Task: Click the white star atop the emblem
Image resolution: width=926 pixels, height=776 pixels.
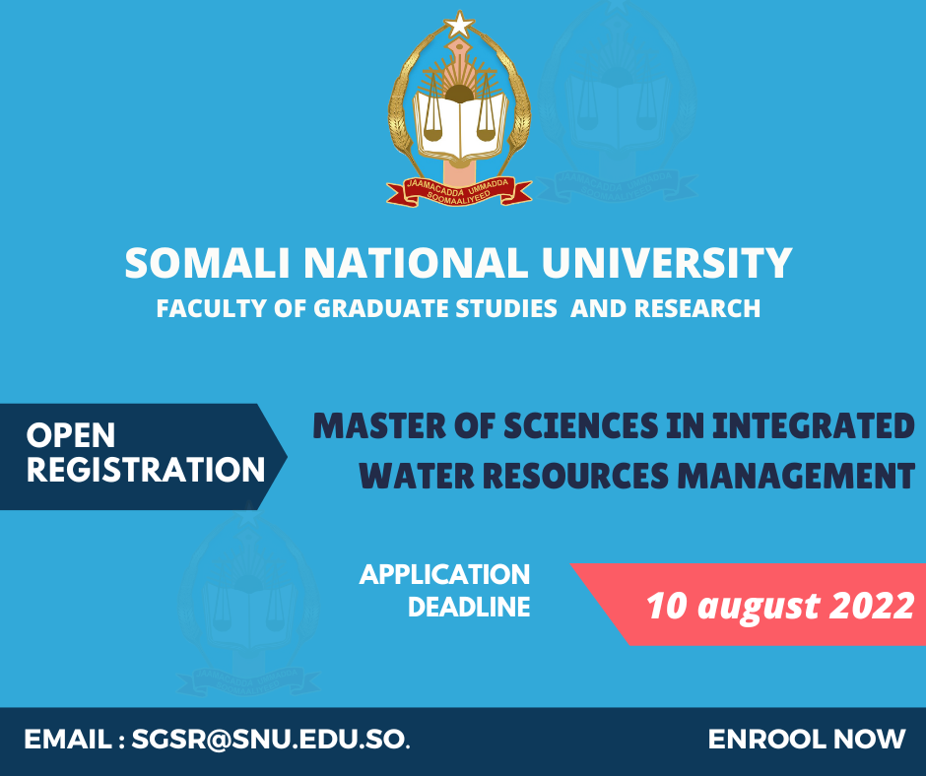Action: coord(459,26)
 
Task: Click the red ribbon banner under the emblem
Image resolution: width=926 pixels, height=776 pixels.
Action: coord(459,192)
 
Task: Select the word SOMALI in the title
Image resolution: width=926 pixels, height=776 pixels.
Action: coord(207,263)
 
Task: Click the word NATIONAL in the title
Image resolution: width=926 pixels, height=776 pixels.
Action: coord(416,263)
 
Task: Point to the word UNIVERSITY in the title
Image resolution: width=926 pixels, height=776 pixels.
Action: coord(667,263)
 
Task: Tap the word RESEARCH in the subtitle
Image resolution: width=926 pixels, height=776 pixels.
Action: coord(696,309)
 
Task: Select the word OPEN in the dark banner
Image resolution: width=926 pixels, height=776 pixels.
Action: coord(71,436)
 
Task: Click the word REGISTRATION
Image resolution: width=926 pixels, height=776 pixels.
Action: coord(146,470)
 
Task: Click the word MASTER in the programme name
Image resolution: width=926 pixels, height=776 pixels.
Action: coord(379,425)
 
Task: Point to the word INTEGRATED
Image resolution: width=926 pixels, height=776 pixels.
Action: coord(814,425)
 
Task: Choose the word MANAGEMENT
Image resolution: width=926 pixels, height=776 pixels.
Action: coord(796,476)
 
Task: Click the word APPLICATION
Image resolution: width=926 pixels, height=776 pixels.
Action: coord(444,575)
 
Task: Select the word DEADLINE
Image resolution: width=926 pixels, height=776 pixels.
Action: coord(469,607)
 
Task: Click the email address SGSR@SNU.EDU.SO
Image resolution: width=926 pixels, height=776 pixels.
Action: coord(270,740)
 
